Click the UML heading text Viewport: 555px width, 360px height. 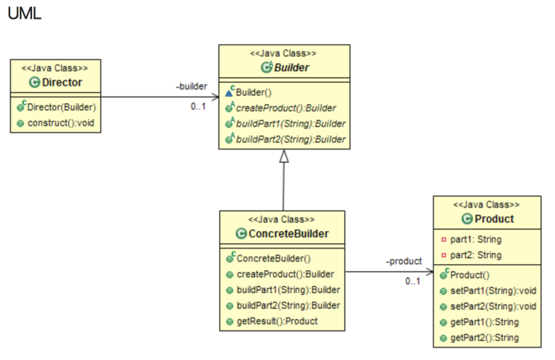point(24,13)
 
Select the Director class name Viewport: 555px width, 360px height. point(62,82)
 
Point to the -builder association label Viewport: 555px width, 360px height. point(191,86)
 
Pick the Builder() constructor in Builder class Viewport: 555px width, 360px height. point(251,92)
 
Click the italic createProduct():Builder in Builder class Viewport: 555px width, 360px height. point(286,108)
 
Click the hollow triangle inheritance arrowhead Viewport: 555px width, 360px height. point(284,157)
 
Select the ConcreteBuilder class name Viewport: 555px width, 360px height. point(288,233)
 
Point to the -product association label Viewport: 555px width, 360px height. point(404,261)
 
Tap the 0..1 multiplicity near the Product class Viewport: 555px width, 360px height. point(413,281)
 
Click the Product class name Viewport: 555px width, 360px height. point(493,219)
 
